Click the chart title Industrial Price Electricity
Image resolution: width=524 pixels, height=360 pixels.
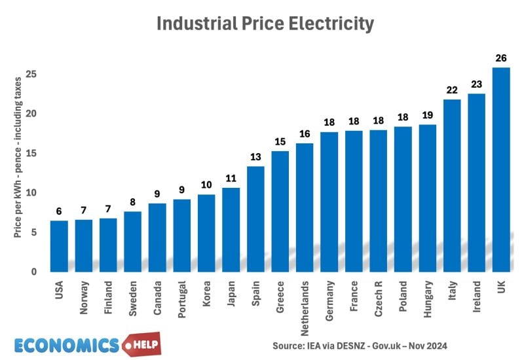coord(265,24)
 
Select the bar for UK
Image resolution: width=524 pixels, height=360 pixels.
coord(500,170)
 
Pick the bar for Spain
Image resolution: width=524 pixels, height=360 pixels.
coord(255,219)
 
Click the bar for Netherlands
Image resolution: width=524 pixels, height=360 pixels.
coord(305,207)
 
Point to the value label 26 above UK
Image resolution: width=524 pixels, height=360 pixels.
coord(500,58)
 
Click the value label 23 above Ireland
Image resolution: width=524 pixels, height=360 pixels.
coord(476,84)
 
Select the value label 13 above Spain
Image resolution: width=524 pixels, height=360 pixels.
coord(255,157)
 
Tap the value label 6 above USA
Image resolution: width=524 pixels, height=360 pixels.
coord(59,211)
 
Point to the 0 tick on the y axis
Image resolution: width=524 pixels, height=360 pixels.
coord(34,272)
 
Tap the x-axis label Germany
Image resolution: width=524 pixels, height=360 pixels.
coord(329,298)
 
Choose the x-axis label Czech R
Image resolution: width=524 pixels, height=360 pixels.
coord(379,298)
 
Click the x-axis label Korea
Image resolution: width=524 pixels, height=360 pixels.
coord(207,294)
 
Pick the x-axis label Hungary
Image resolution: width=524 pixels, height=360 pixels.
coord(428,298)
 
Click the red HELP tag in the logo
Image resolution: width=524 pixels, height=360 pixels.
coord(140,344)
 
